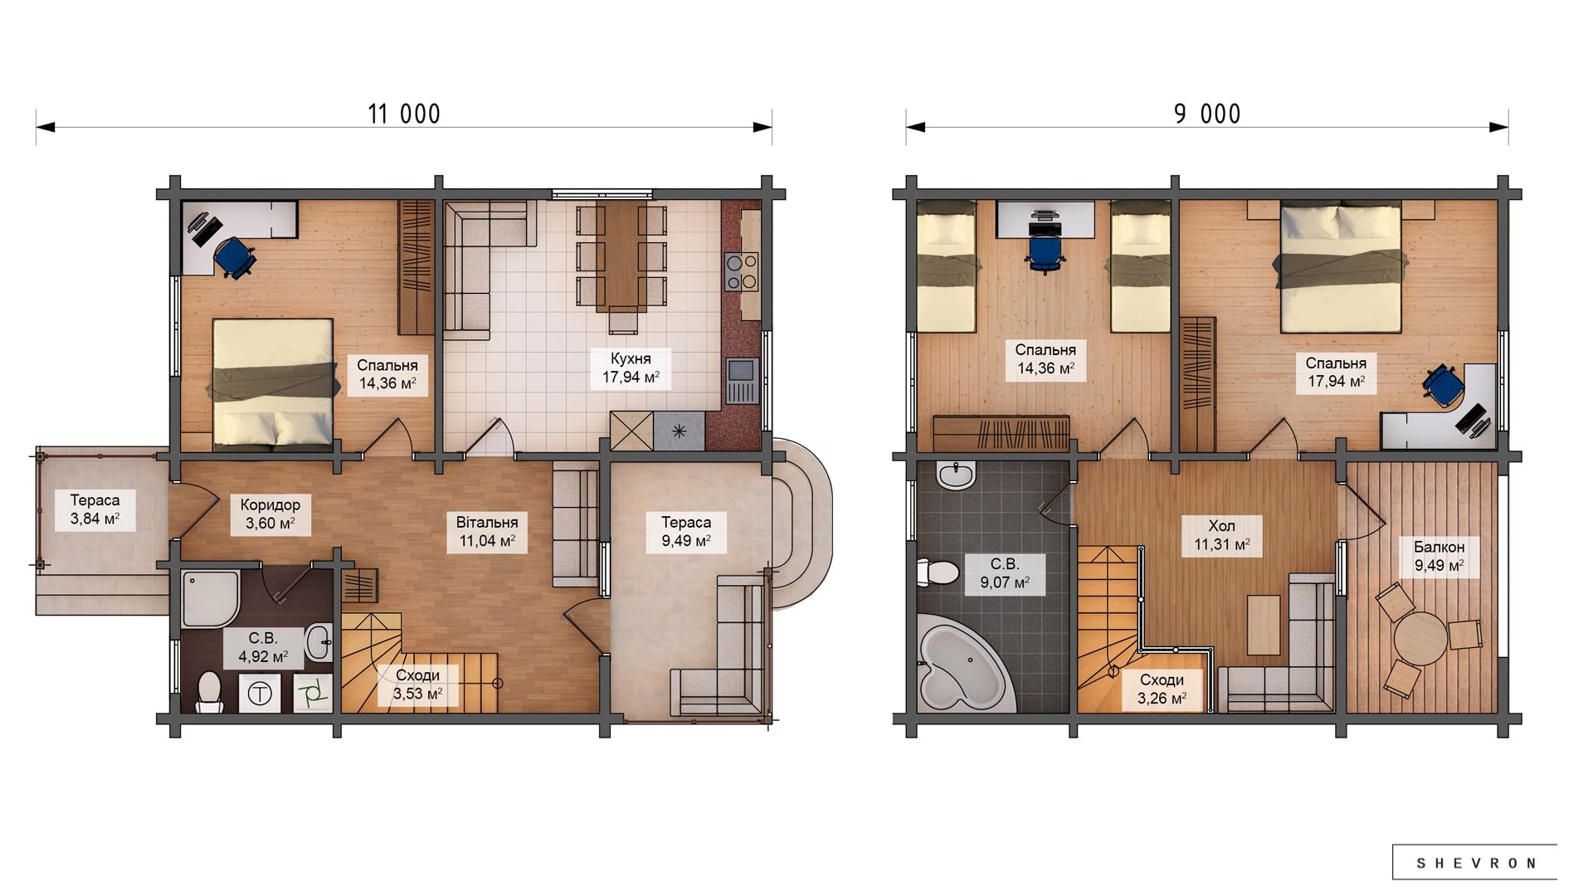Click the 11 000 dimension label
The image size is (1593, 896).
click(x=404, y=114)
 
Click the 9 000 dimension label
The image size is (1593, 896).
click(x=1207, y=114)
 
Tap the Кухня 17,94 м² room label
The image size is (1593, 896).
click(x=631, y=368)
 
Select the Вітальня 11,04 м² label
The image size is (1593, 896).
click(x=487, y=532)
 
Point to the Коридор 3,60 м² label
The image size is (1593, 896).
click(x=270, y=514)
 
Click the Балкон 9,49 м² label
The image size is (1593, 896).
click(x=1439, y=556)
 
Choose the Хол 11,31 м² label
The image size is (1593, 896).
click(x=1221, y=535)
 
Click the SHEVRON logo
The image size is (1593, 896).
click(x=1475, y=863)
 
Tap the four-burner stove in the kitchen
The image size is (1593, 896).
click(x=742, y=271)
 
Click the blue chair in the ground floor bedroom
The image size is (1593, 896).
click(x=235, y=255)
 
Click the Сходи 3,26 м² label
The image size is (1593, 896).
click(x=1162, y=689)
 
